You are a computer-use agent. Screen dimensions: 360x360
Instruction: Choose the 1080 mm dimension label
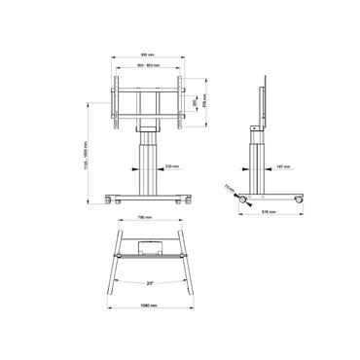[149, 308]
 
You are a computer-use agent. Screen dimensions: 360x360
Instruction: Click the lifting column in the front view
[148, 161]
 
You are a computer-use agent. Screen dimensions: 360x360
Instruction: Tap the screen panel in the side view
[265, 101]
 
